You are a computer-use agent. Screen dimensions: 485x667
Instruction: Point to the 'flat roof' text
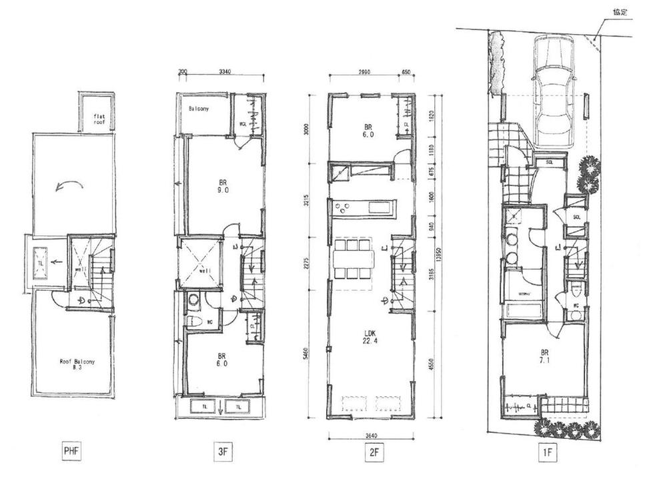click(99, 120)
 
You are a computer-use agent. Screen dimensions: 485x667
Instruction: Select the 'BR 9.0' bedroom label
click(223, 185)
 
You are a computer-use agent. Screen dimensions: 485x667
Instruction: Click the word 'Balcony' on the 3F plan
click(199, 109)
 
